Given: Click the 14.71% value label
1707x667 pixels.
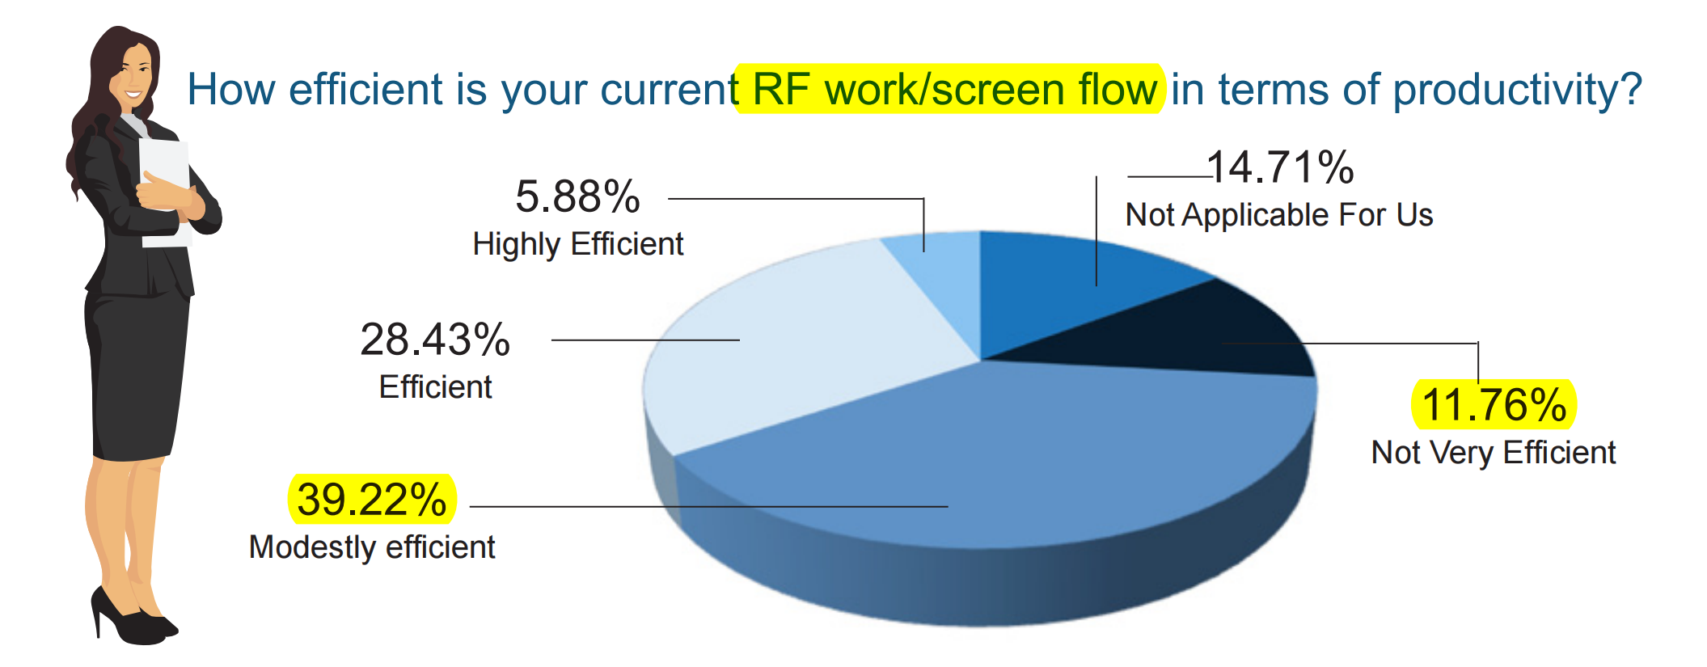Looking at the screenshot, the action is [1280, 167].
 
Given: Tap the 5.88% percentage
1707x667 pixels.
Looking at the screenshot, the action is [577, 196].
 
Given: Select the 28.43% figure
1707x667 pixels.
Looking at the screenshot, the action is [435, 340].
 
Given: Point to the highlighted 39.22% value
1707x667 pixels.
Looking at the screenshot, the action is [372, 499].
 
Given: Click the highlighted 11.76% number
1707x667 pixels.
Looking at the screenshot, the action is [1494, 404].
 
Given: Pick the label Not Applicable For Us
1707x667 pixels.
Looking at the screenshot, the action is [1279, 215].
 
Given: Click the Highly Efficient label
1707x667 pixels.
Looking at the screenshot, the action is [578, 244].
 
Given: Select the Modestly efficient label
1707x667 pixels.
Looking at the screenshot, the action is [372, 547].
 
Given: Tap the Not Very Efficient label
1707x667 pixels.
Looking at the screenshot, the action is [1494, 453].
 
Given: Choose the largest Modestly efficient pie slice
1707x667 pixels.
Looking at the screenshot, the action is [995, 461].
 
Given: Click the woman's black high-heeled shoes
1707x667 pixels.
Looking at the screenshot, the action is [133, 618].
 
